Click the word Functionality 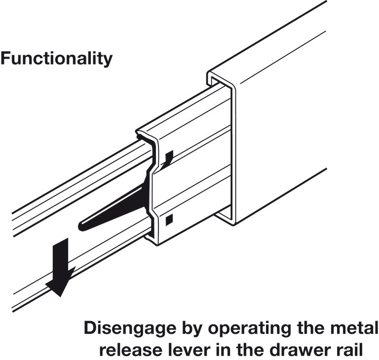56,59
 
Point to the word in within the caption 223,350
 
